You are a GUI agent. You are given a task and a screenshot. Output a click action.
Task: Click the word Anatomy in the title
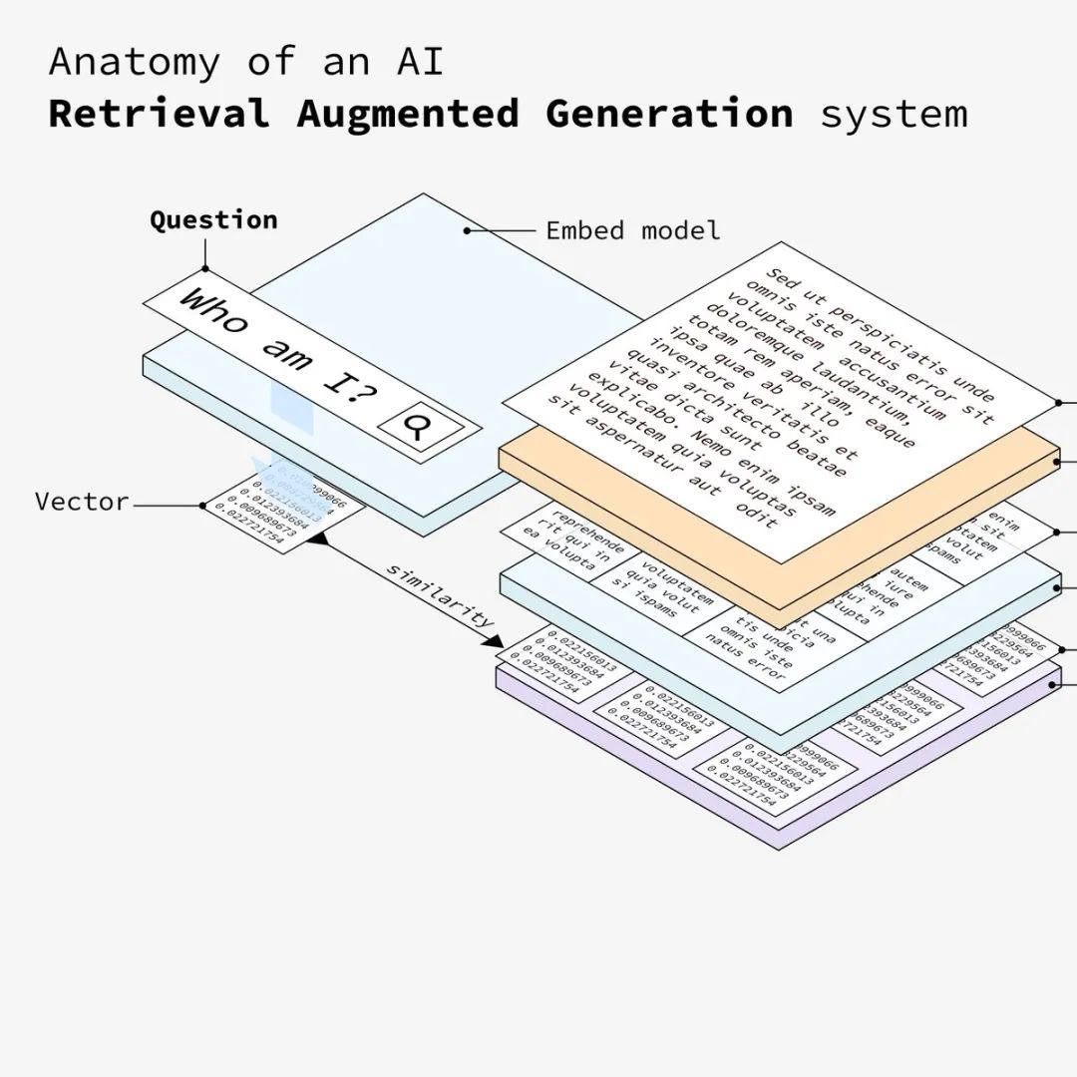(x=134, y=63)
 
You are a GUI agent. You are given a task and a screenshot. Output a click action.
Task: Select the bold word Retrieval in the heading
(x=159, y=114)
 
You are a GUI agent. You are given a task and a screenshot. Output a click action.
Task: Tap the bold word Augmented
(x=407, y=114)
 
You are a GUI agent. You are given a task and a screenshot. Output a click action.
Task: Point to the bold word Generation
(x=669, y=114)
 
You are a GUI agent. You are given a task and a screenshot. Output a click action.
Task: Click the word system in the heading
(x=894, y=114)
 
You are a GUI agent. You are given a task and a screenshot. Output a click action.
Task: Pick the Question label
(x=213, y=220)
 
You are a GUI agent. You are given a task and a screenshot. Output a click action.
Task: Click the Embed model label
(x=632, y=230)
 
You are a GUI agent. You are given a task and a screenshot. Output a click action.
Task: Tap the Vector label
(x=82, y=502)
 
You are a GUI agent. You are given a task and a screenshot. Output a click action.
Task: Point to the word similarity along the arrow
(x=440, y=595)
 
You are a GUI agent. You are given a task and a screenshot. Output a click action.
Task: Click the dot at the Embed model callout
(x=467, y=230)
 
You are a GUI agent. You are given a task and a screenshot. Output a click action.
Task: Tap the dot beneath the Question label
(x=206, y=268)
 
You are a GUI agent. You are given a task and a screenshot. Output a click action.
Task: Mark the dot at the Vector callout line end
(x=202, y=506)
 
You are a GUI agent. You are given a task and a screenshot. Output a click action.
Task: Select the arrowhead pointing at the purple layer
(x=495, y=639)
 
